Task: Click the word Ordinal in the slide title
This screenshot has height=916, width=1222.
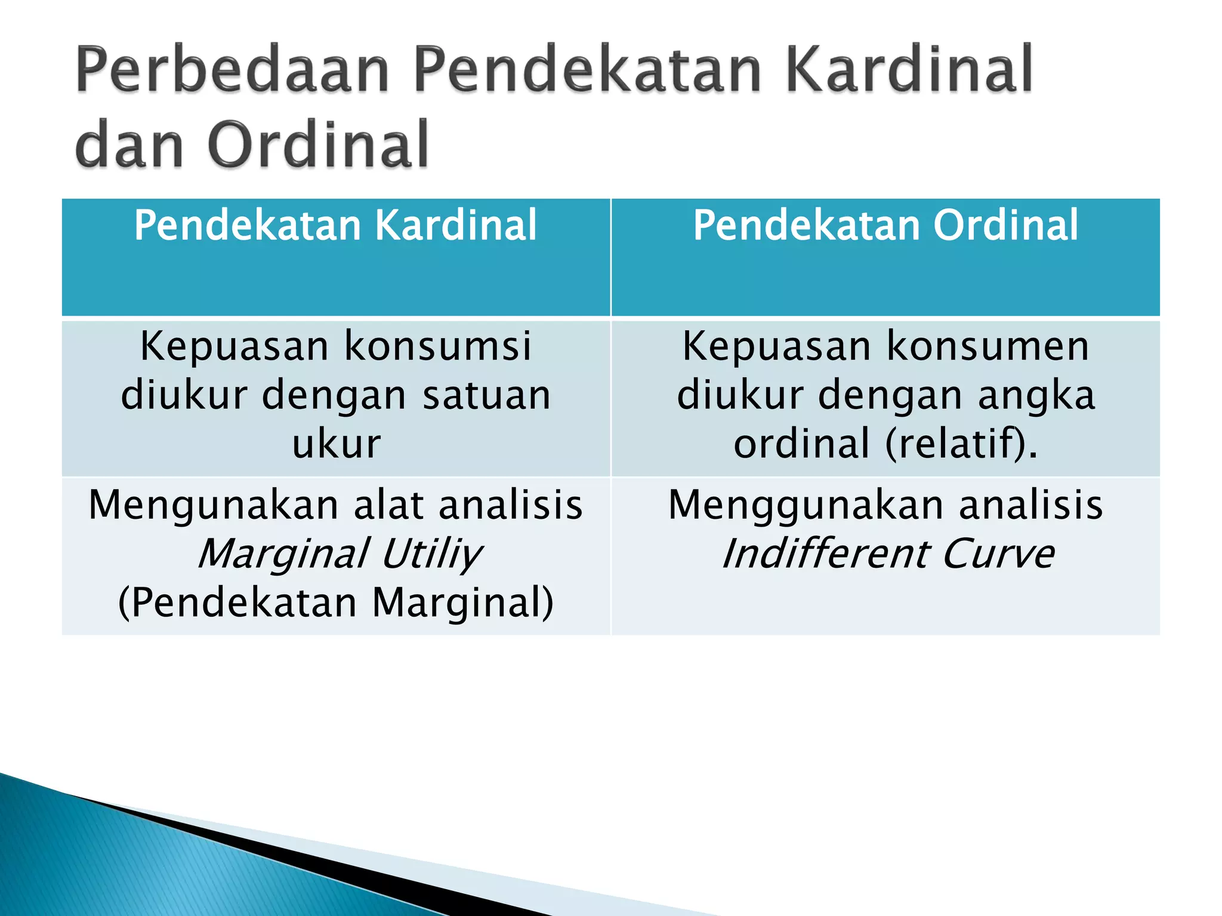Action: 319,145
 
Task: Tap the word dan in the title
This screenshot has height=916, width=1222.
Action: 129,145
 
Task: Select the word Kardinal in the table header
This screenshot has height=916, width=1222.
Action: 456,225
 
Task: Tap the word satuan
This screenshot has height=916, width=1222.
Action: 487,395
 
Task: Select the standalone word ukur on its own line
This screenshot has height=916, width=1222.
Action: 336,444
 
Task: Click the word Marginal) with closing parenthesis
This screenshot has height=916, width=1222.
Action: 463,603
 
